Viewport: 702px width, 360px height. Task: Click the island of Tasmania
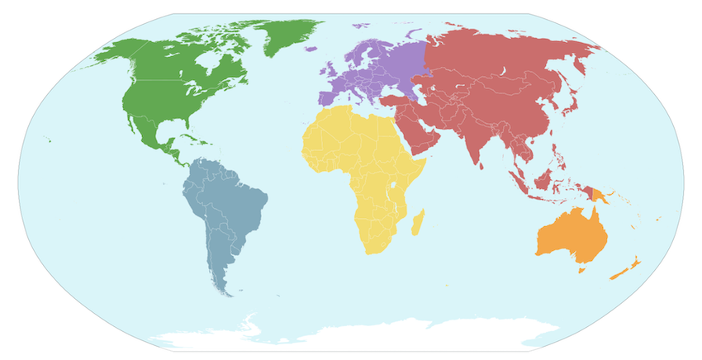tap(581, 268)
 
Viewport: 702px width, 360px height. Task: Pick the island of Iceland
tap(310, 50)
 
